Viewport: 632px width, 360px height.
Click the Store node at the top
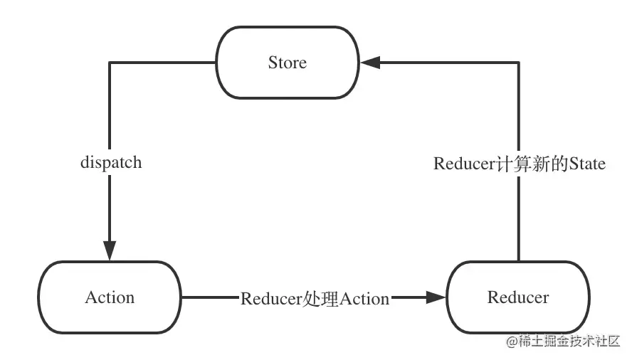tap(288, 63)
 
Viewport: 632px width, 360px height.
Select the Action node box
tap(110, 297)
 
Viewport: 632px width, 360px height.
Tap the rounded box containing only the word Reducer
tap(518, 297)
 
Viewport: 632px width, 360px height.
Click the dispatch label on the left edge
tap(110, 162)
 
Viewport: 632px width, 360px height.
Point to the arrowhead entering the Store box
tap(370, 63)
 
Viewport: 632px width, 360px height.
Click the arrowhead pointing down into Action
tap(109, 250)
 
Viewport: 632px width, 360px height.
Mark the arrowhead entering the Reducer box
tap(435, 297)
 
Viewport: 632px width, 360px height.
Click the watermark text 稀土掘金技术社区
tap(569, 342)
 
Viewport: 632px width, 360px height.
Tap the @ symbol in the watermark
tap(511, 342)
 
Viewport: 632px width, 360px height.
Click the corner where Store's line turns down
tap(109, 63)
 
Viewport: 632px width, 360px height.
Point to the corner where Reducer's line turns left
tap(518, 63)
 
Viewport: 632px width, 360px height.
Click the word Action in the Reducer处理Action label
tap(364, 298)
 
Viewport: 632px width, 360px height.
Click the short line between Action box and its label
tap(210, 297)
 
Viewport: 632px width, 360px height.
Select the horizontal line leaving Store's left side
tap(162, 63)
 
